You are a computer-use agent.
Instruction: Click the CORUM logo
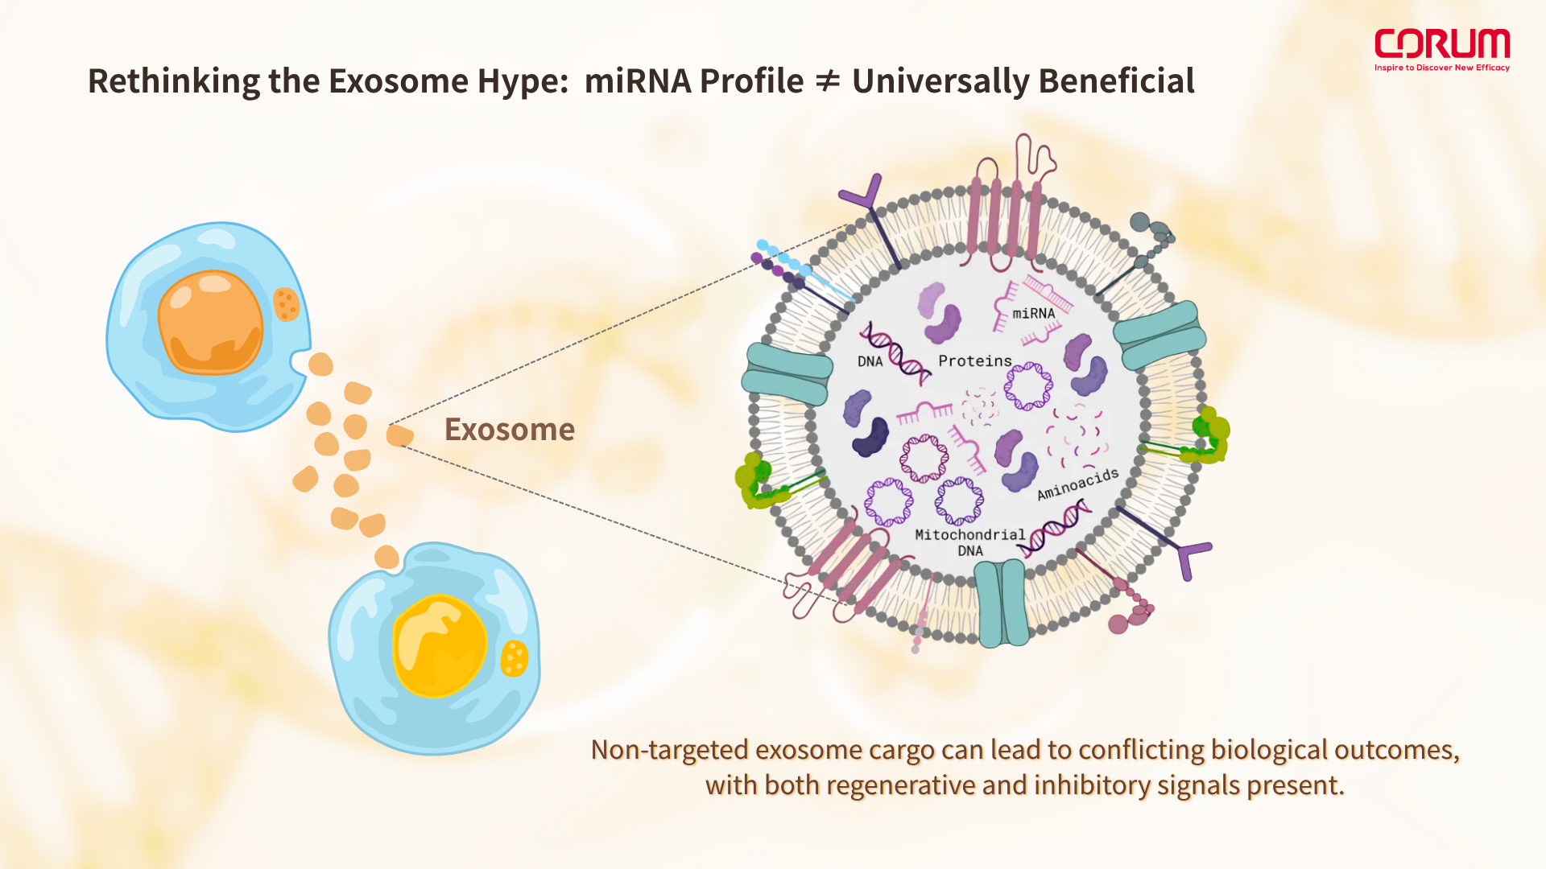[1441, 43]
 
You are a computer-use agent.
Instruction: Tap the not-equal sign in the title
[827, 81]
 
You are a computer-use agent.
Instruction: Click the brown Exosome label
[510, 430]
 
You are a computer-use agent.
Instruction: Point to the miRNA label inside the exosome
[1033, 314]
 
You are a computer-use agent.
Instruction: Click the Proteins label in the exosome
[974, 361]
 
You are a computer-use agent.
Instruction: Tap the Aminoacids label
[1077, 484]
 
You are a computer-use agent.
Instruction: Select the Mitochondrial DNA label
[969, 542]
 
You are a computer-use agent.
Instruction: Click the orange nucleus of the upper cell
[210, 323]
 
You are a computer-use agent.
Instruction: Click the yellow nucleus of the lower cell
[440, 645]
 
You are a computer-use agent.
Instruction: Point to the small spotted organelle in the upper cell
[286, 304]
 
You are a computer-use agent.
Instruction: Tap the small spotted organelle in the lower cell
[514, 658]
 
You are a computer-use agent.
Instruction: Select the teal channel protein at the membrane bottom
[1002, 603]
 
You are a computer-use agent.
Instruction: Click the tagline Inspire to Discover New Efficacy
[1441, 68]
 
